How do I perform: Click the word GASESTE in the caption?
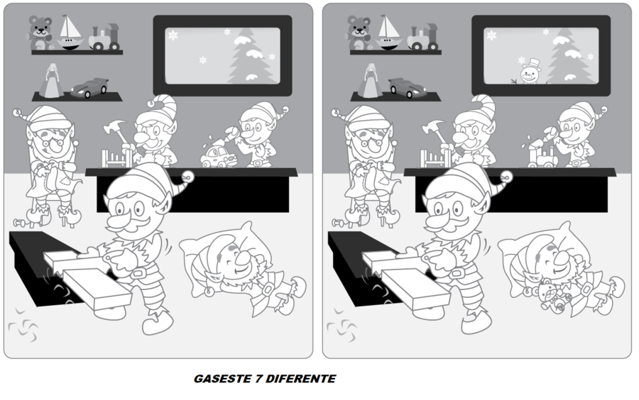click(222, 379)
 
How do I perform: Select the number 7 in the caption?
click(258, 379)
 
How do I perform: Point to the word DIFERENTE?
click(301, 379)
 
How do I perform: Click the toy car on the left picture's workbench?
click(219, 157)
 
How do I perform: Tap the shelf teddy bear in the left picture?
click(40, 33)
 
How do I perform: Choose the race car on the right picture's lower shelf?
click(408, 87)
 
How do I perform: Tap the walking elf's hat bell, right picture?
click(506, 176)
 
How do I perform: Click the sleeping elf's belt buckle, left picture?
click(268, 290)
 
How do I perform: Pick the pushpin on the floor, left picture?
click(20, 223)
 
